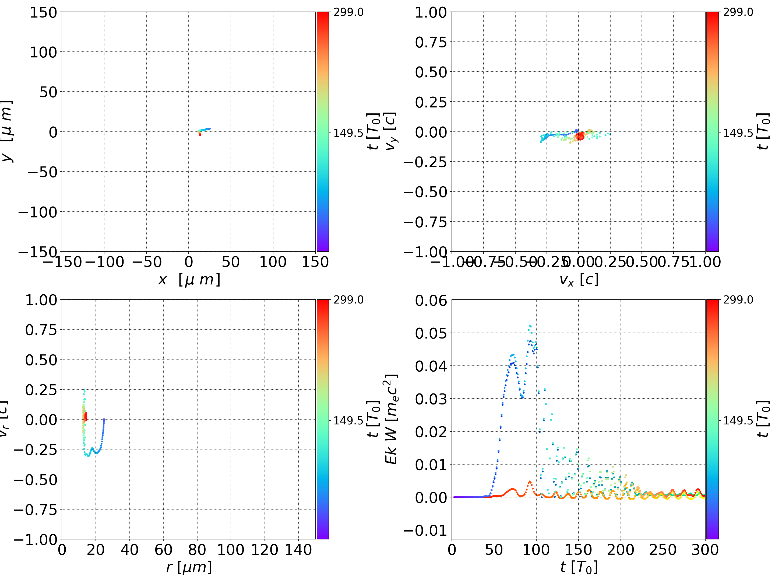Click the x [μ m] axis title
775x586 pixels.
tap(189, 280)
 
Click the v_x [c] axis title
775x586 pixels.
tap(579, 280)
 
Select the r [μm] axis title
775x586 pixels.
tap(189, 567)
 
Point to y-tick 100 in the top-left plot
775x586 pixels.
tap(43, 52)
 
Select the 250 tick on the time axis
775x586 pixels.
tap(663, 550)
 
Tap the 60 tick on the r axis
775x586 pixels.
tap(163, 550)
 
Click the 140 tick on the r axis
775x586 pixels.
tap(298, 550)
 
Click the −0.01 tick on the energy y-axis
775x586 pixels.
tap(425, 530)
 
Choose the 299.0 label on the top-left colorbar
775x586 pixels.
tap(348, 12)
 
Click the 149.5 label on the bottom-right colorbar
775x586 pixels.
tap(738, 420)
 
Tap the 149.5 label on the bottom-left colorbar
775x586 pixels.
tap(348, 420)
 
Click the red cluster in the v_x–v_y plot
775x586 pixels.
tap(580, 136)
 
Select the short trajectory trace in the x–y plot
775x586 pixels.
tap(204, 130)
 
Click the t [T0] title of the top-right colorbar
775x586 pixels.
tap(763, 131)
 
